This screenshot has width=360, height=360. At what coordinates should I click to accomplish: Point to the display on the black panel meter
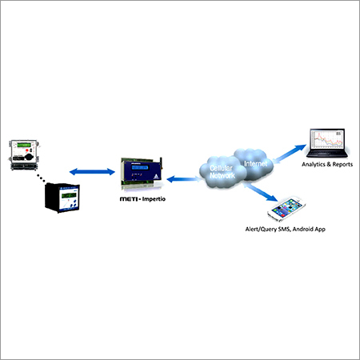coord(62,193)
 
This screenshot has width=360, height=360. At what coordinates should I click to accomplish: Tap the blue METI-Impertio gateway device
coord(142,174)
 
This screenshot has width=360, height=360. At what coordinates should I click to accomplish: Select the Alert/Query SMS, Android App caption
coord(286,229)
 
